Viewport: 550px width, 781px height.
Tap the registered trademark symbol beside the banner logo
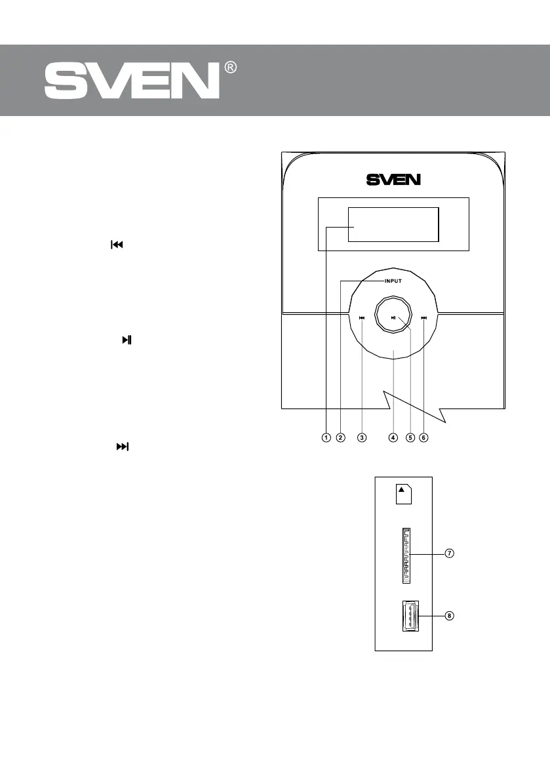[230, 68]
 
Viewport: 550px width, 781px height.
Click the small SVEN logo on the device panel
[393, 178]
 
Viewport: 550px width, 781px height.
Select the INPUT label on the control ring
[393, 281]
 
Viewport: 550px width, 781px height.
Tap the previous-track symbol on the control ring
[361, 319]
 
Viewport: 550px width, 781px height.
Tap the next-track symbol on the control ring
[424, 319]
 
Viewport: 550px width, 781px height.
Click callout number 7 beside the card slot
[450, 553]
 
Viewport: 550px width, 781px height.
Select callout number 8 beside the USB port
[450, 616]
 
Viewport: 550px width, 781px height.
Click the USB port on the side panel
[406, 616]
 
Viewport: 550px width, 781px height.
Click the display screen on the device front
[393, 224]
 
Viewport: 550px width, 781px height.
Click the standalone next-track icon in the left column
[123, 447]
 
